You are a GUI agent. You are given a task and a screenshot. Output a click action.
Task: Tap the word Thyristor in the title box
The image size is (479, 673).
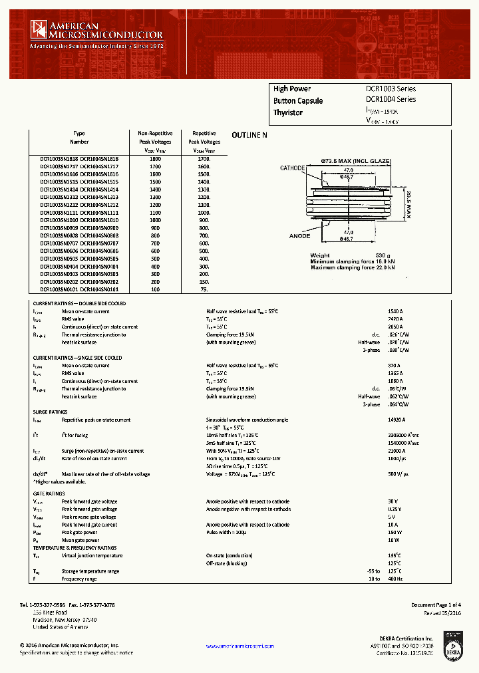click(287, 112)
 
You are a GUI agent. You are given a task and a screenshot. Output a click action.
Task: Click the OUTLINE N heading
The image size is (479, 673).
click(249, 135)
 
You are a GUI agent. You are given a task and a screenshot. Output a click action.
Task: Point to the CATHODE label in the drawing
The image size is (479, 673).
click(292, 168)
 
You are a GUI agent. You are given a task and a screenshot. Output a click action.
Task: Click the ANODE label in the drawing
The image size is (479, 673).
click(299, 236)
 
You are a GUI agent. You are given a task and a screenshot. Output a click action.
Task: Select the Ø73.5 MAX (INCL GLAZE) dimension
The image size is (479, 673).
click(356, 161)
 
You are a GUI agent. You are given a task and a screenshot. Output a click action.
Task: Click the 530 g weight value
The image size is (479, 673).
click(381, 255)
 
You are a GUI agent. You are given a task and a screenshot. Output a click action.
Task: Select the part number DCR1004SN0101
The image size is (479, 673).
click(99, 290)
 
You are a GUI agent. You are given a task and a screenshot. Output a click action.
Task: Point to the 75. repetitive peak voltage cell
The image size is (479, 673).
click(204, 290)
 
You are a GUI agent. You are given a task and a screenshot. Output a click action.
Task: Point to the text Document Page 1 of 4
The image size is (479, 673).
click(435, 605)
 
